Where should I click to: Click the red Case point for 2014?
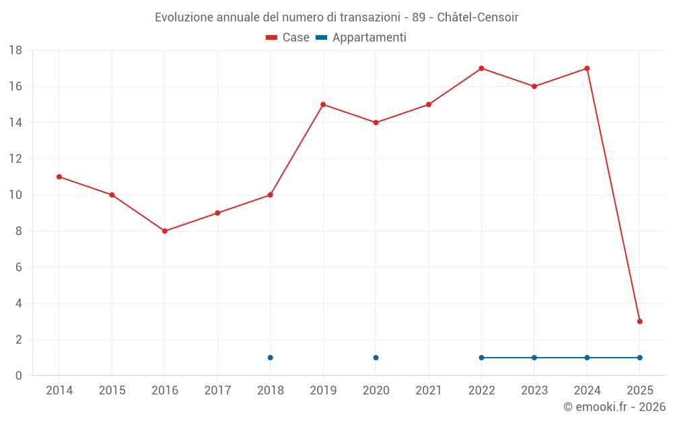(59, 176)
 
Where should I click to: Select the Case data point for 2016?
(165, 231)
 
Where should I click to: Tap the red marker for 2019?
(323, 104)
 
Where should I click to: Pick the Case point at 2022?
(481, 68)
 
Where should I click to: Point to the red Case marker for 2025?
(640, 321)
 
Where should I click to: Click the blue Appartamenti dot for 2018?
(271, 358)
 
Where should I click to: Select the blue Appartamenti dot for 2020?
(376, 358)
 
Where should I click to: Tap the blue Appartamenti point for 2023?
(534, 358)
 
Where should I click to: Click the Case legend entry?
(288, 38)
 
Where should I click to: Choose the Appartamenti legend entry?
(361, 38)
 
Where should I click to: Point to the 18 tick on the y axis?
(15, 51)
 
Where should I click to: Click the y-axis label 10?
(15, 195)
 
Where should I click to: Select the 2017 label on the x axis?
(217, 391)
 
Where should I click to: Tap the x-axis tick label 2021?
(429, 391)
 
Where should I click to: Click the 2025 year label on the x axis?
(640, 391)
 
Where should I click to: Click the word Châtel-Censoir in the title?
(478, 17)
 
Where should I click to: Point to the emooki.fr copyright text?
(614, 407)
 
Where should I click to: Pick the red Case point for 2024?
(587, 68)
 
